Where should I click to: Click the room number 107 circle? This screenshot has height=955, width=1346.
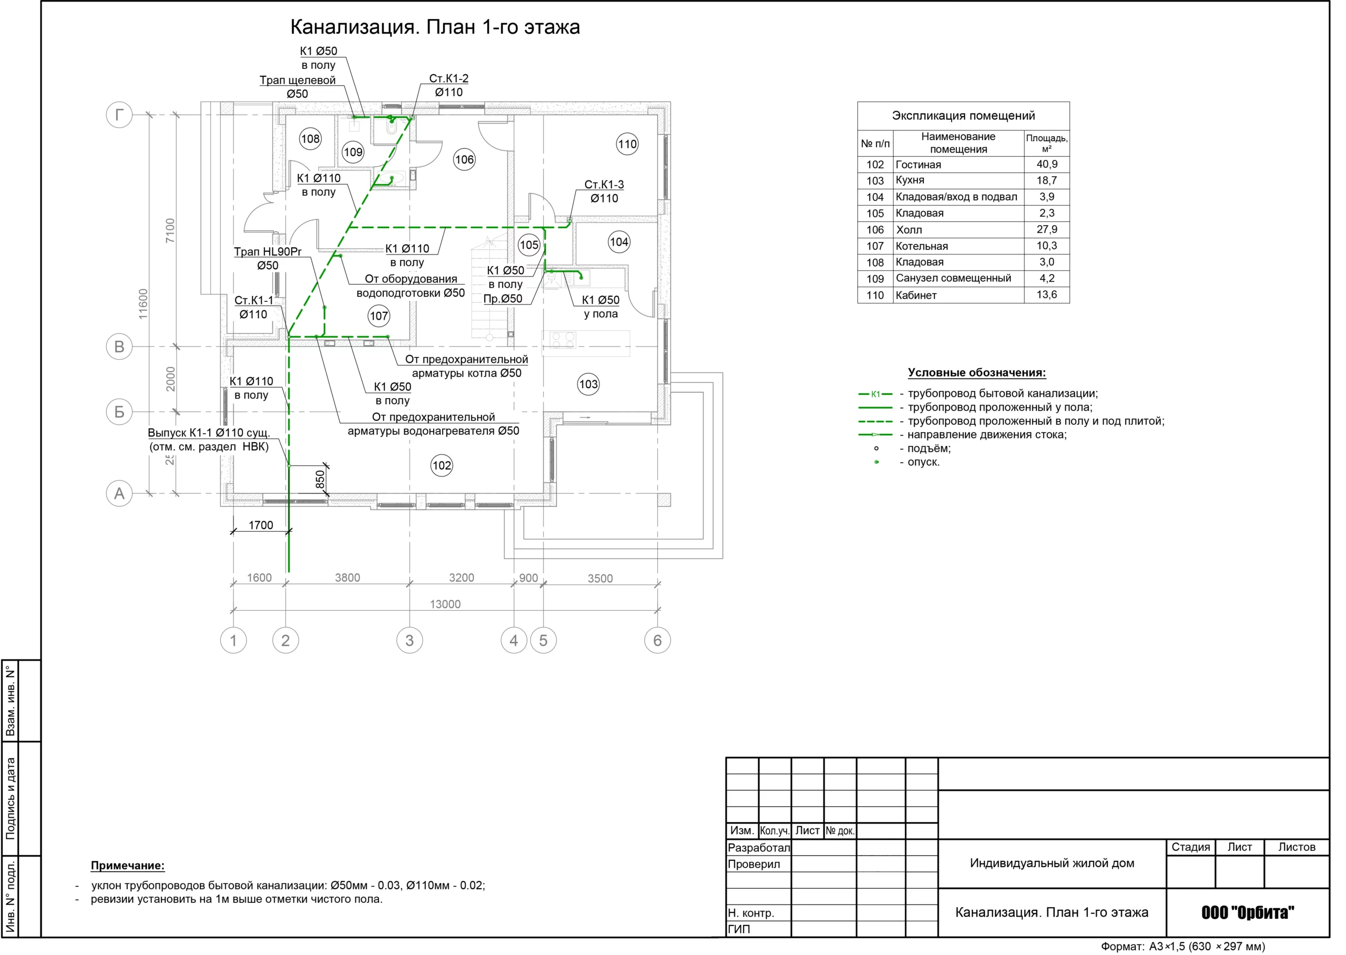coord(379,316)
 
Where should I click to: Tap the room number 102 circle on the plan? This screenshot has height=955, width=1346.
coord(442,465)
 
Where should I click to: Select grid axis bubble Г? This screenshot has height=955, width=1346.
coord(119,114)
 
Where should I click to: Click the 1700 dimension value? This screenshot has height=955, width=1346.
coord(261,525)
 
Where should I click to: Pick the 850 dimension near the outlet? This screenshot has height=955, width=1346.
coord(320,479)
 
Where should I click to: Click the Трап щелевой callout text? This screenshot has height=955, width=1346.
coord(298,80)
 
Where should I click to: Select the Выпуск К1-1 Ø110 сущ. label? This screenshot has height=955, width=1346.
coord(209,432)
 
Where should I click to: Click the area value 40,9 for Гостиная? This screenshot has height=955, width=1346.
coord(1047,164)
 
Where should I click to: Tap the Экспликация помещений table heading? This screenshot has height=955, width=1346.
coord(963,115)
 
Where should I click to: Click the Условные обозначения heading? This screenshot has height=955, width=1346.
coord(977,372)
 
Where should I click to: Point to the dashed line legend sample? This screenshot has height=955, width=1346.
coord(875,421)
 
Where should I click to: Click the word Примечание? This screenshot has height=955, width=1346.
coord(128,866)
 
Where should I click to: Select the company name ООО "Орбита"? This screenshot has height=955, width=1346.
coord(1247,912)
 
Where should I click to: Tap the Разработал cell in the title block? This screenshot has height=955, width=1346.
coord(759,847)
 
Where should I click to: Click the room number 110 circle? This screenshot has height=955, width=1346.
coord(627,144)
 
